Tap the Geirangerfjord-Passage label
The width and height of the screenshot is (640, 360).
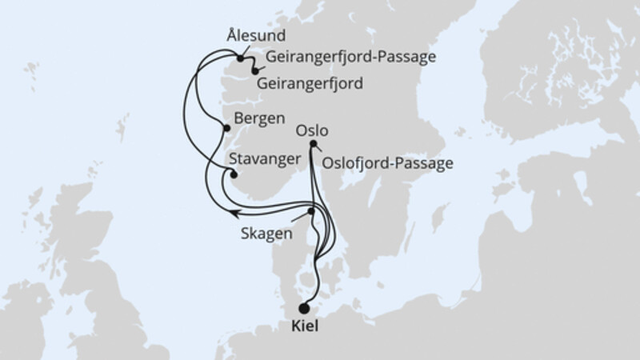[x=344, y=58]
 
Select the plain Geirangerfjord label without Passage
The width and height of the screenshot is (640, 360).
[x=310, y=82]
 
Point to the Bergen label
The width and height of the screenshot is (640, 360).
[x=259, y=118]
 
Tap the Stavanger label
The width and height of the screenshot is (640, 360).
[x=265, y=158]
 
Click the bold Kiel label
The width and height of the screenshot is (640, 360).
[x=304, y=327]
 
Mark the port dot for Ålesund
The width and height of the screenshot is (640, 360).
[x=239, y=58]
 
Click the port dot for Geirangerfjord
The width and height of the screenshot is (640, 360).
[x=254, y=71]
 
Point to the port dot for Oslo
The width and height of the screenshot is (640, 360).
[x=312, y=144]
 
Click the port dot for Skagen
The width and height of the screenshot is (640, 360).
[x=311, y=211]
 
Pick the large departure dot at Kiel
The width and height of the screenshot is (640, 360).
[x=304, y=309]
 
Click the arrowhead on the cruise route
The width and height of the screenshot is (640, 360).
[x=233, y=212]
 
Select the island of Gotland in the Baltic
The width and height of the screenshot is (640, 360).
[x=438, y=217]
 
